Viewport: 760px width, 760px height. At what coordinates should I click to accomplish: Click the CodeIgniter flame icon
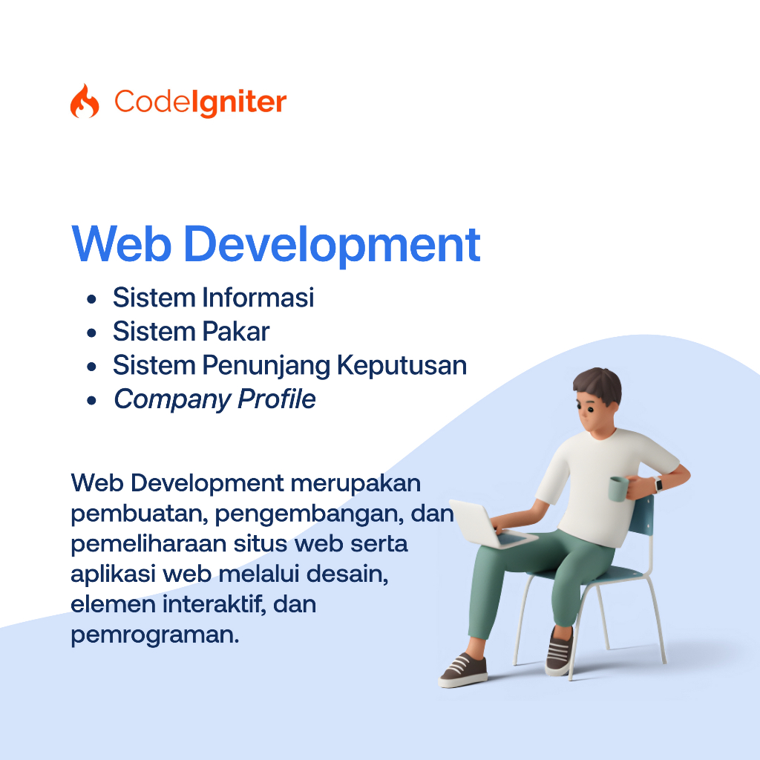coord(84,102)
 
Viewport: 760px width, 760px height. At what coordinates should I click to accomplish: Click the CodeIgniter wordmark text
coord(200,102)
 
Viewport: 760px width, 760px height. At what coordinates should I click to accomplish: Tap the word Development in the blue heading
coord(332,244)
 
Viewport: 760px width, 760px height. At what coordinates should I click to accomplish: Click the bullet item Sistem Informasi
coord(213,298)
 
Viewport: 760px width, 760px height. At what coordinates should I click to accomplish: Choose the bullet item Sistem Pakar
coord(191,332)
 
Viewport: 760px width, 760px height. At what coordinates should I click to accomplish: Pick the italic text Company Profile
coord(214,399)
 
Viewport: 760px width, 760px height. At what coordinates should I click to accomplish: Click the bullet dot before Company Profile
coord(91,401)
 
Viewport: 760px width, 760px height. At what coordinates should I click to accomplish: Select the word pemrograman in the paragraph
coord(154,635)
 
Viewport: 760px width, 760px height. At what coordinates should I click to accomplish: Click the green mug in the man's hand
coord(617,489)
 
